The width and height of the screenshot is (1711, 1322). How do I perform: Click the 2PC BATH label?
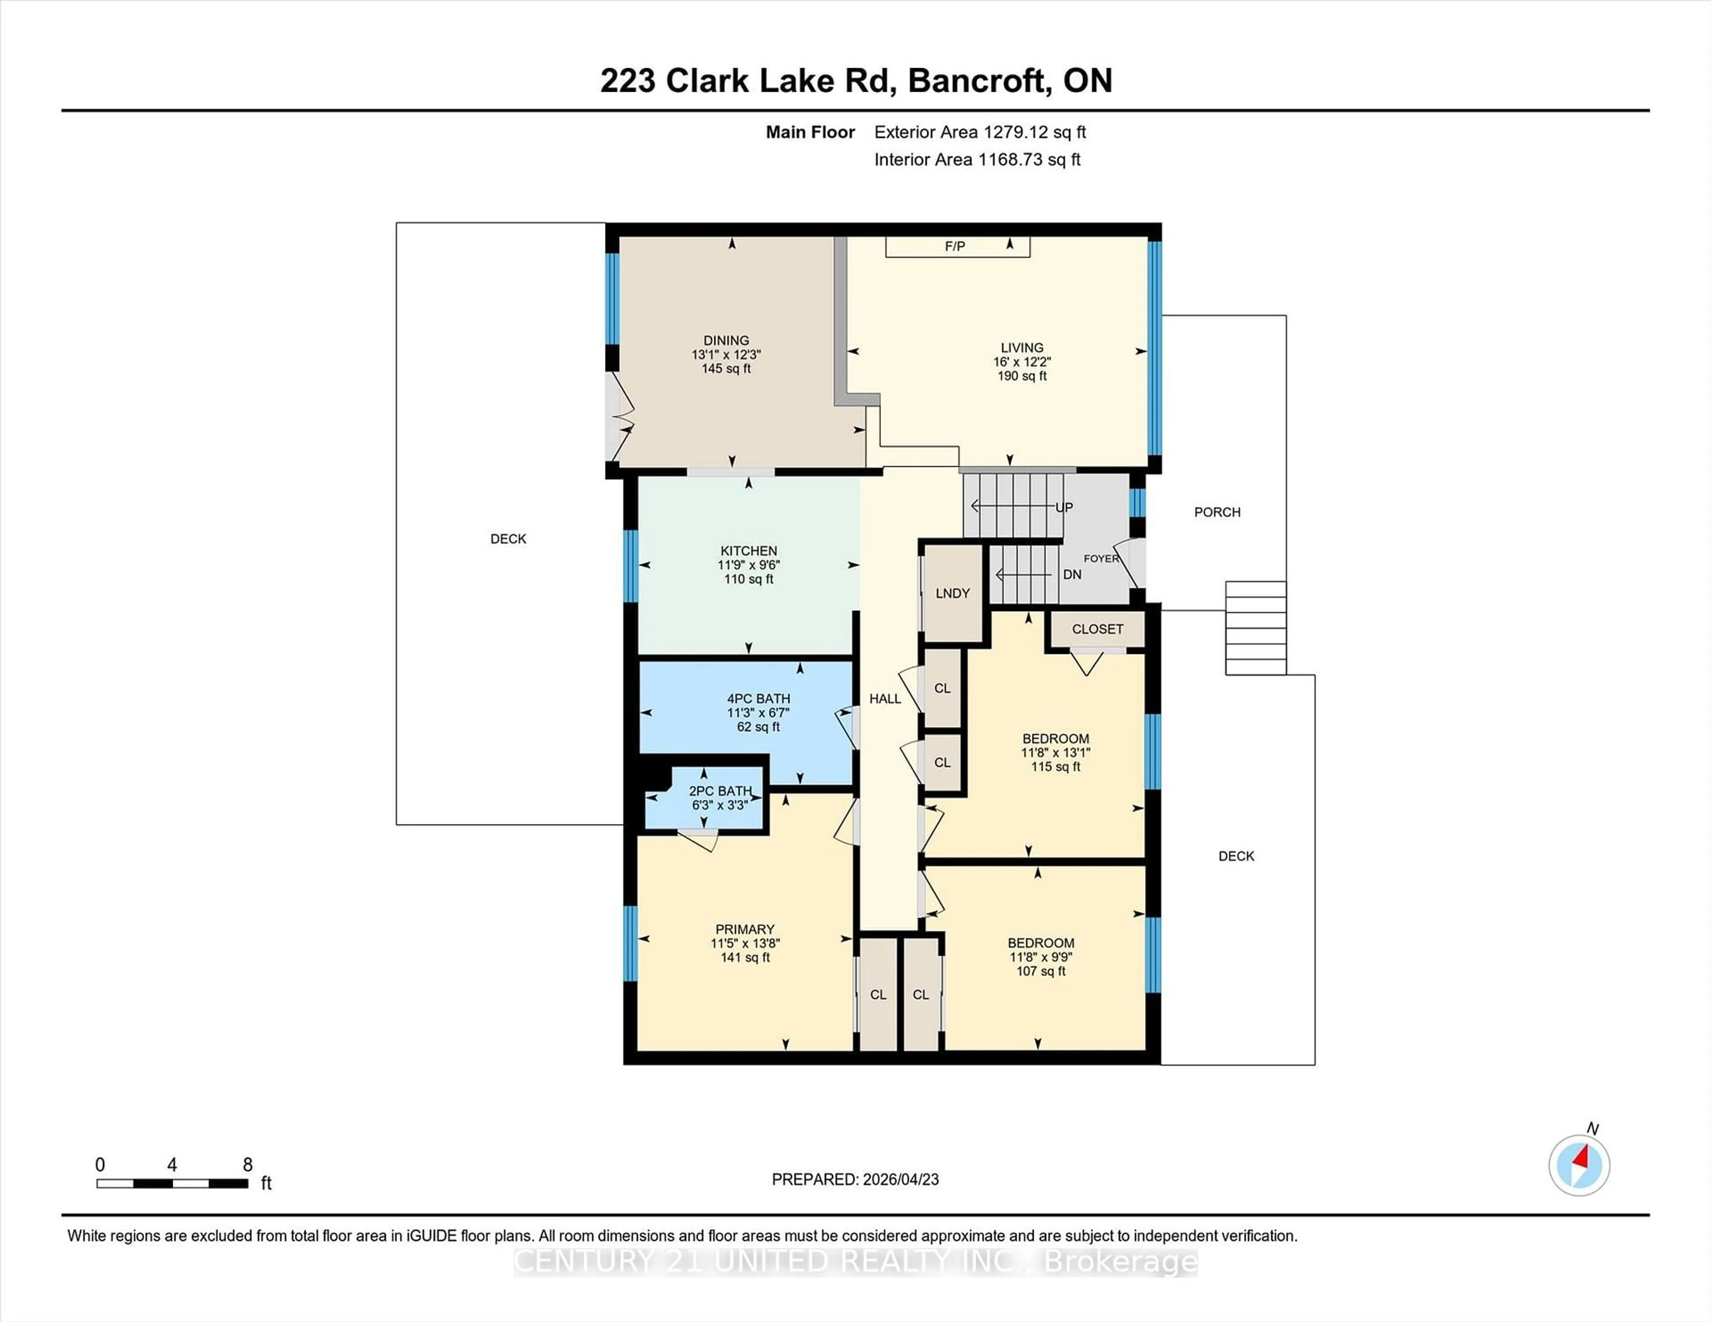720,791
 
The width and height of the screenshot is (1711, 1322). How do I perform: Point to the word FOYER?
1101,559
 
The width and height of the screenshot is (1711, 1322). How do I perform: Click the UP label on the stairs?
1064,507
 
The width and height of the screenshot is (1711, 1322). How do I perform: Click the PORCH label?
1217,512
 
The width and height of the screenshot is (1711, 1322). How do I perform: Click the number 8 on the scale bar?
248,1165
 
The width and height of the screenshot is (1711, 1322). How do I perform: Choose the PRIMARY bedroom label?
744,930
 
